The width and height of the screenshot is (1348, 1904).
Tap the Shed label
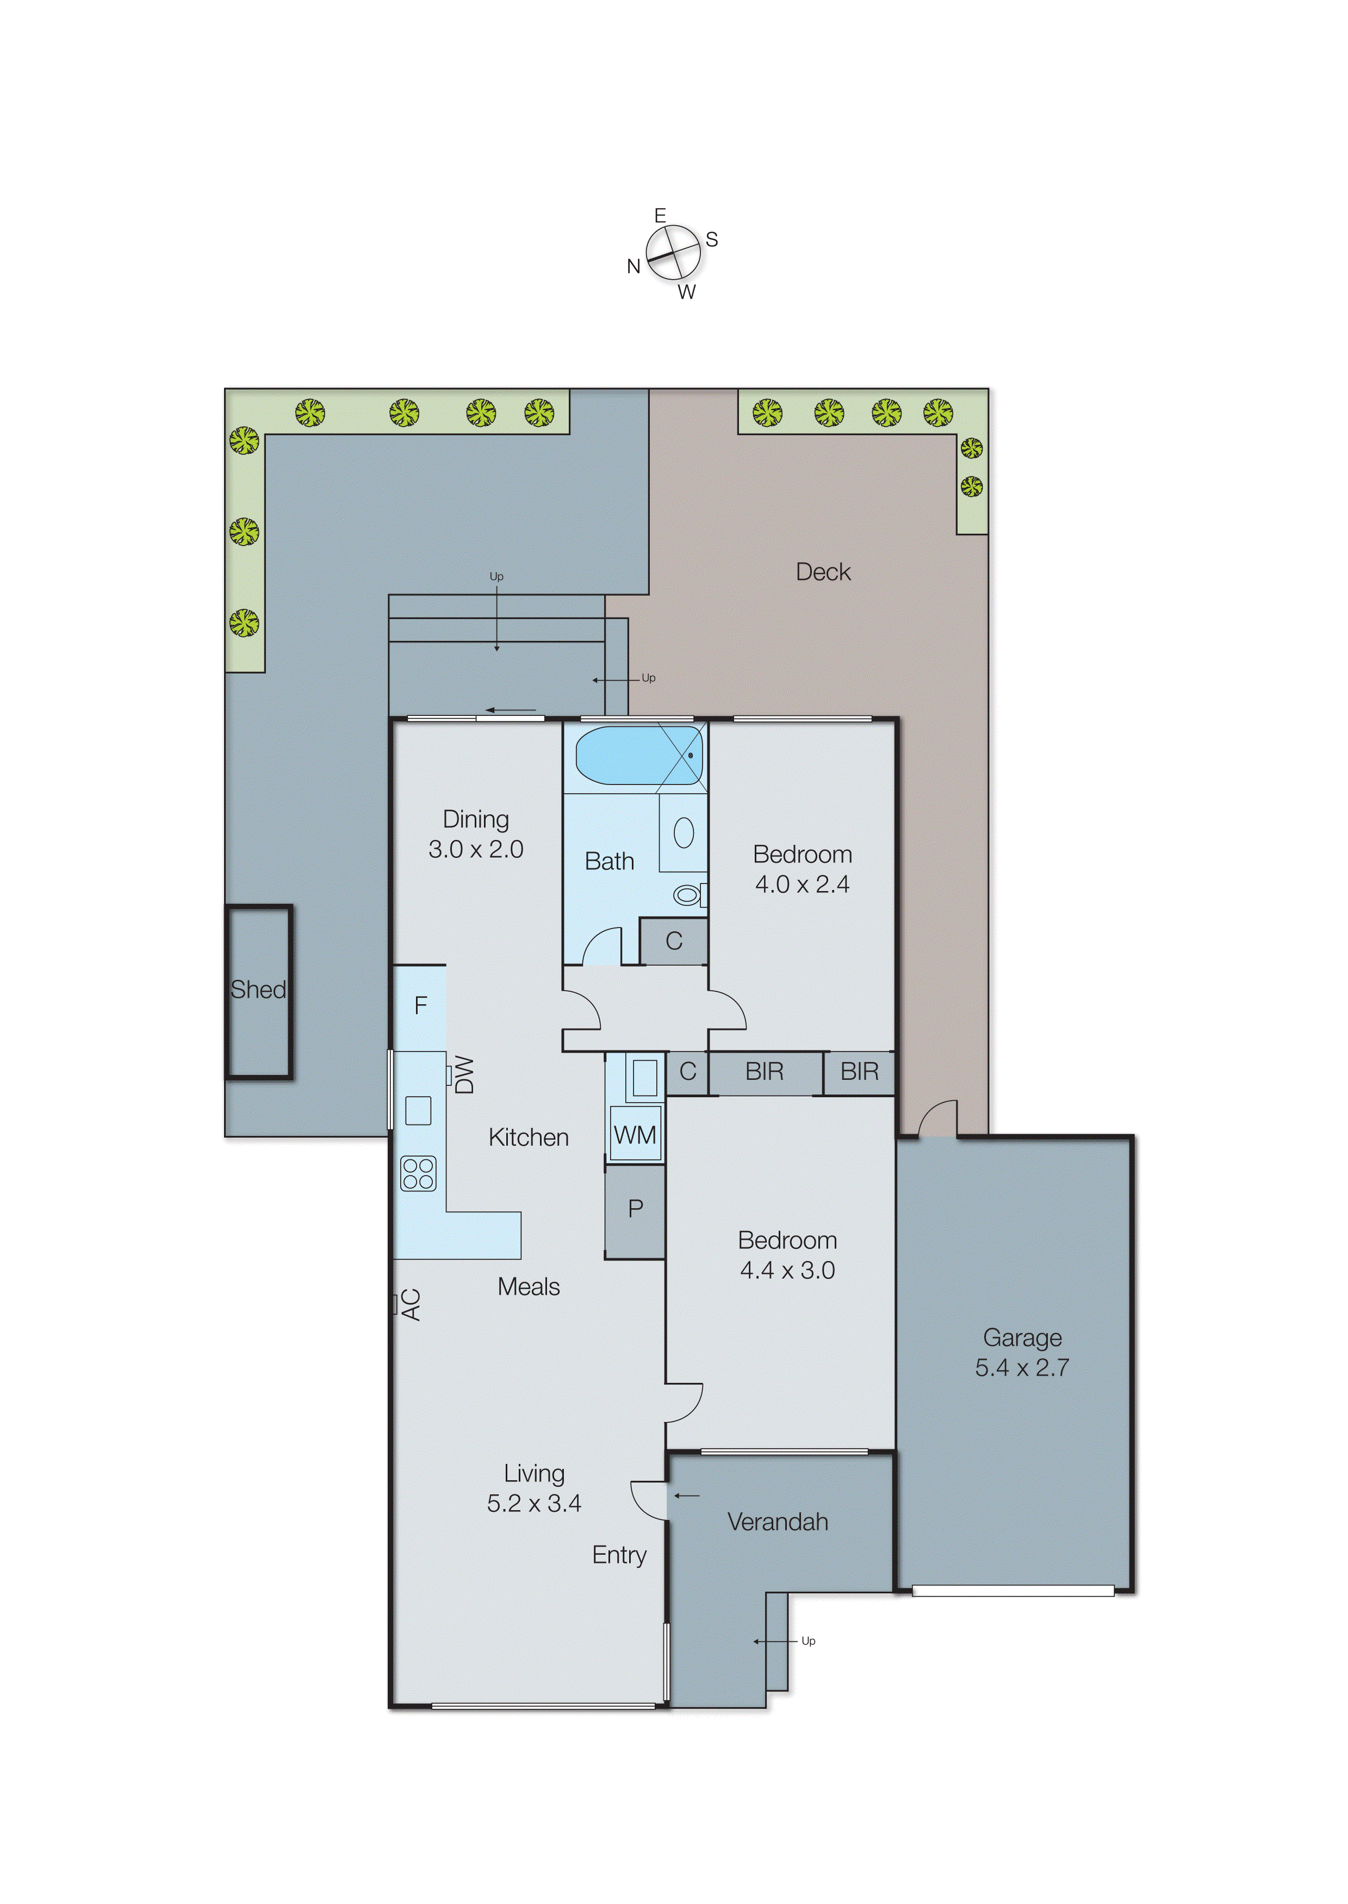pyautogui.click(x=258, y=990)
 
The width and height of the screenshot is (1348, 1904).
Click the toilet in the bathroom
pyautogui.click(x=687, y=895)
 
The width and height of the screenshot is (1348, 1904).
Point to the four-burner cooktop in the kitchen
pyautogui.click(x=418, y=1173)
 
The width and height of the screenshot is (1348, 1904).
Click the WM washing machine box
pyautogui.click(x=635, y=1134)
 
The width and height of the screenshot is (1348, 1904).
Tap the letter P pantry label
pyautogui.click(x=635, y=1209)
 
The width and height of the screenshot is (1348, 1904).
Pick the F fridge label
pyautogui.click(x=421, y=1005)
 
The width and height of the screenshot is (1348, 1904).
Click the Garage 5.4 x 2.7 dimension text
pyautogui.click(x=1022, y=1368)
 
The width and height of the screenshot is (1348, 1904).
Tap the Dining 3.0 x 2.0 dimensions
pyautogui.click(x=476, y=849)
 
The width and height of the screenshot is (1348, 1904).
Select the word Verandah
pyautogui.click(x=778, y=1522)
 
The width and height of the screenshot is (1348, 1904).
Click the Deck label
pyautogui.click(x=823, y=572)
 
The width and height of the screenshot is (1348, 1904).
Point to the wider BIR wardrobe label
pyautogui.click(x=763, y=1072)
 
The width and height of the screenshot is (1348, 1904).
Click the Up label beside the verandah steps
pyautogui.click(x=807, y=1641)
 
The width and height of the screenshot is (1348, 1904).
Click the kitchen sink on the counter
pyautogui.click(x=418, y=1110)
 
